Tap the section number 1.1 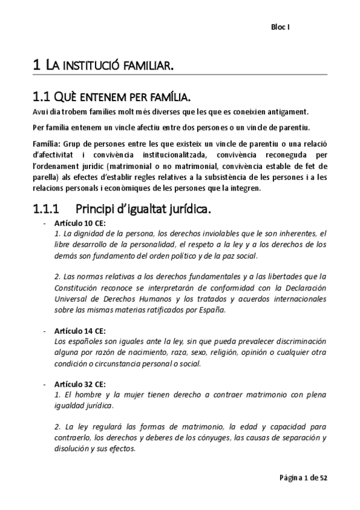click(41, 97)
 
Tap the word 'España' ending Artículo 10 click(212, 310)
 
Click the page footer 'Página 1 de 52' click(303, 478)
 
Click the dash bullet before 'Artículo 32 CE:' click(44, 384)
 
